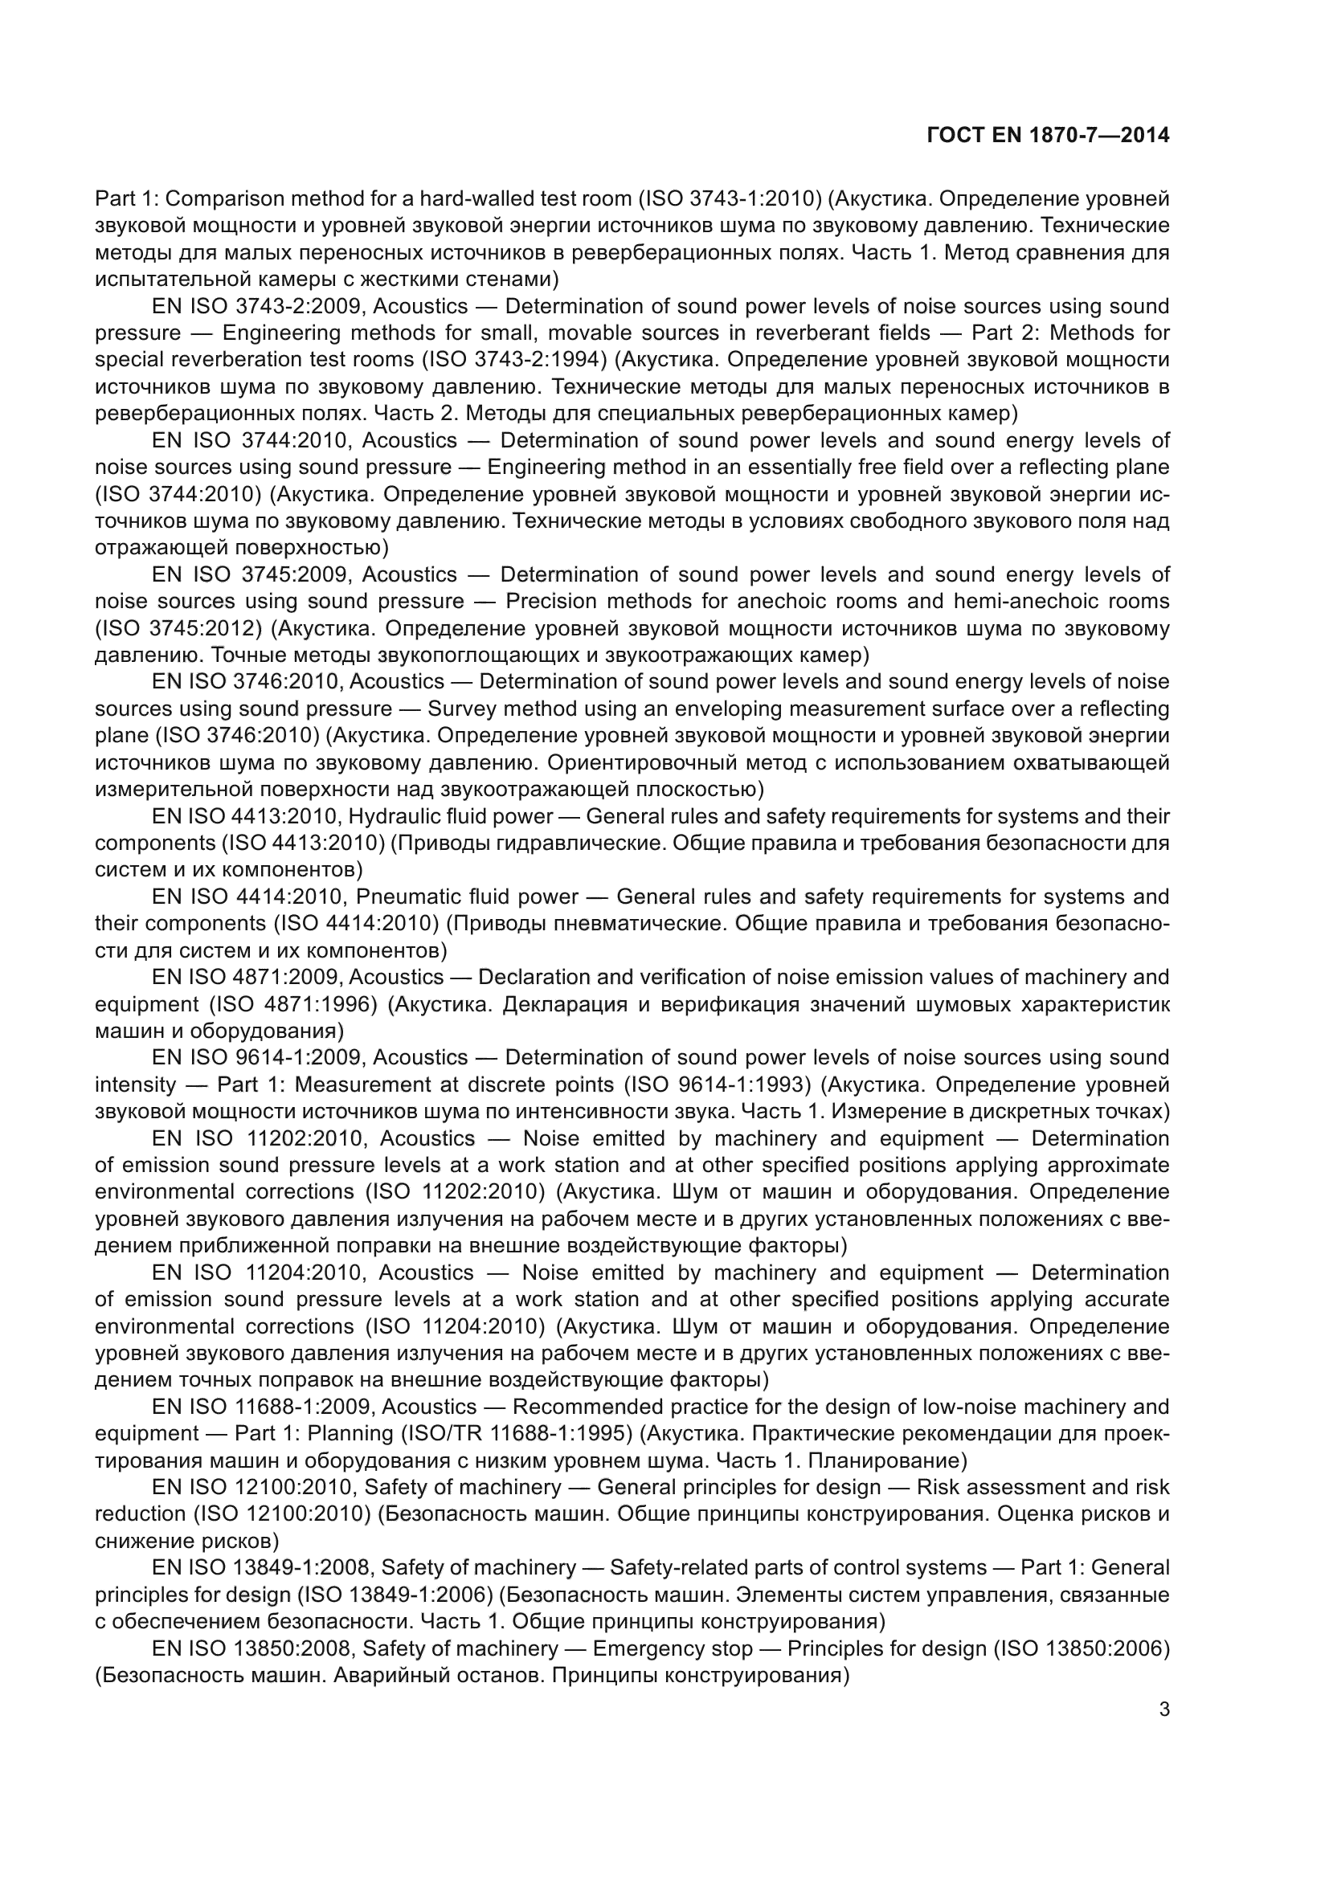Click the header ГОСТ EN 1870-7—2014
coord(1049,135)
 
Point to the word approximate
coord(1110,1166)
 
